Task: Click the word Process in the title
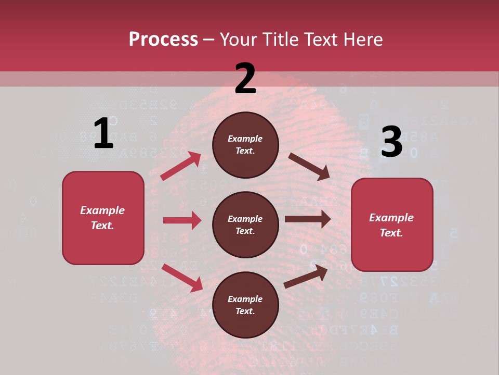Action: (163, 40)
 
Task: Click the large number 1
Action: (103, 134)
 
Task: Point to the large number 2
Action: (245, 79)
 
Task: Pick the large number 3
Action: (391, 142)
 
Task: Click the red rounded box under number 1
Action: (103, 218)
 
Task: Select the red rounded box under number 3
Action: (392, 224)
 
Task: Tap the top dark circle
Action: (245, 145)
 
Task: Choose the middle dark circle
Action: (245, 224)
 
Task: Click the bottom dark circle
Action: (245, 305)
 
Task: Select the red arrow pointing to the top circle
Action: (180, 166)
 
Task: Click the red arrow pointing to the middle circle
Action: (182, 220)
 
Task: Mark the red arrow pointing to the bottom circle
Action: (182, 278)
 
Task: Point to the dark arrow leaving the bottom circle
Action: (306, 276)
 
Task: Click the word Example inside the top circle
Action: (245, 139)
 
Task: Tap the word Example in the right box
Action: (391, 218)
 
